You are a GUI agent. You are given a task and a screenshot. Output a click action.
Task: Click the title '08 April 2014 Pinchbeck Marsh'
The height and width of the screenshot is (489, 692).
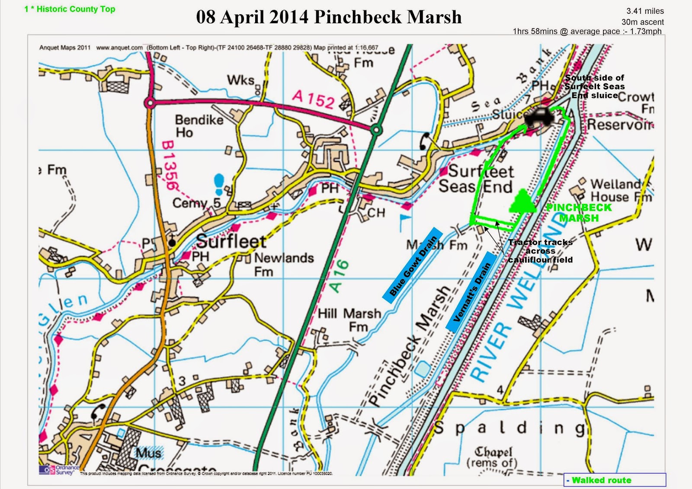click(x=329, y=17)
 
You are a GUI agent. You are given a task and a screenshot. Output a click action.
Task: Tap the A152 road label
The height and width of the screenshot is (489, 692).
click(x=313, y=99)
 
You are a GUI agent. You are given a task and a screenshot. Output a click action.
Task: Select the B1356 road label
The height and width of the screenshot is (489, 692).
click(x=170, y=165)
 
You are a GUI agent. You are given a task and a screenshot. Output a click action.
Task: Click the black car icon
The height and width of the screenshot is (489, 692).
click(x=539, y=117)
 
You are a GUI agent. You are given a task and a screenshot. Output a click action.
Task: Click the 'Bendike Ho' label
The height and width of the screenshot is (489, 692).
click(x=199, y=126)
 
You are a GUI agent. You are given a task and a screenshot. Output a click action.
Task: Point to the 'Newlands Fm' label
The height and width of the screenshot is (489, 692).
click(x=283, y=264)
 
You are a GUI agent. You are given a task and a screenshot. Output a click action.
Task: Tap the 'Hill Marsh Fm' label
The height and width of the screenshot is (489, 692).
click(x=349, y=320)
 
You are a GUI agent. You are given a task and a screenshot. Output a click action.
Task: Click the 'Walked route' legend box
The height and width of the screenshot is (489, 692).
click(x=615, y=480)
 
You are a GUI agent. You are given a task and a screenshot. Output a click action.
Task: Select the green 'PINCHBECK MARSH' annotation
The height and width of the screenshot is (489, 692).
click(x=579, y=212)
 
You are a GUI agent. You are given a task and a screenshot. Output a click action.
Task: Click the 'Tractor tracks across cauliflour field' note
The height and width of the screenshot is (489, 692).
click(x=540, y=251)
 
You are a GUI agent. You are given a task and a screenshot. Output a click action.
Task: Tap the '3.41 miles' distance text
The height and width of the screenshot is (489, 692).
click(x=645, y=11)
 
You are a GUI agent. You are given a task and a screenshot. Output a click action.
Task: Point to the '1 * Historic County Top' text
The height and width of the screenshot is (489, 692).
click(x=70, y=9)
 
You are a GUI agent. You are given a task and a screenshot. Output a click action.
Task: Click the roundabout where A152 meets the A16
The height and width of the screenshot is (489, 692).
click(x=376, y=129)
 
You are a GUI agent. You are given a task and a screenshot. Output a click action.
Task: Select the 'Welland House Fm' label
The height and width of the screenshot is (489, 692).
click(x=620, y=191)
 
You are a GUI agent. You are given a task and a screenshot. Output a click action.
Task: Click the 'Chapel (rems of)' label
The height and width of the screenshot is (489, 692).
click(x=493, y=457)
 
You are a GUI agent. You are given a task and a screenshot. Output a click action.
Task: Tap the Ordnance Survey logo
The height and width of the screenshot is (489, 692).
click(x=59, y=470)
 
